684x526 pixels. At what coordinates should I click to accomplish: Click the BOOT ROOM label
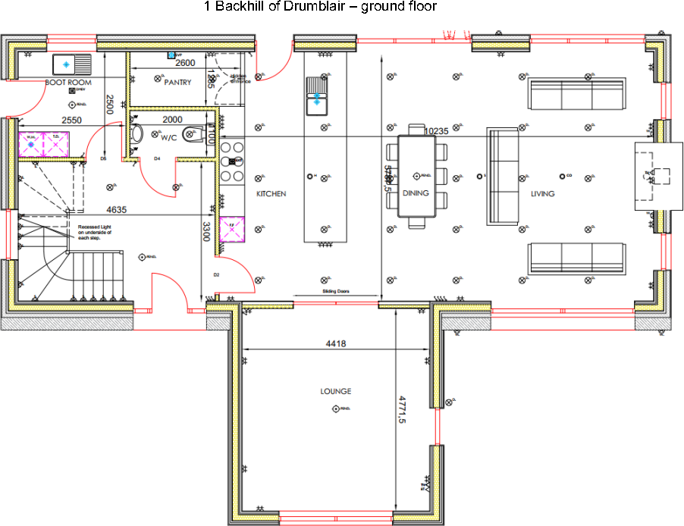tap(68, 82)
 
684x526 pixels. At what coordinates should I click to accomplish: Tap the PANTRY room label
tap(177, 83)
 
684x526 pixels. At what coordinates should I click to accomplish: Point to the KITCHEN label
tap(271, 194)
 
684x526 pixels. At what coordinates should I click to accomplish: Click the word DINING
tap(416, 193)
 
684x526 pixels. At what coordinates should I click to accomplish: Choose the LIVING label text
tap(542, 194)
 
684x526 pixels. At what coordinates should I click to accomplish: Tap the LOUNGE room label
tap(335, 392)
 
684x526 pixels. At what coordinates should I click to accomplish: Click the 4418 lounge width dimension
tap(336, 344)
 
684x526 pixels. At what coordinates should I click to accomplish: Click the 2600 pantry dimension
tap(186, 63)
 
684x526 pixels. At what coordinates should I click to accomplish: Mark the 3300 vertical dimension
tap(206, 230)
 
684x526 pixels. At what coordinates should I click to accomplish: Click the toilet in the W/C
tap(193, 135)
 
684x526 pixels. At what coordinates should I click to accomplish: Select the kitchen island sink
tap(317, 99)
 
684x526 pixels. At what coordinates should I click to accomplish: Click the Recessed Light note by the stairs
tap(95, 232)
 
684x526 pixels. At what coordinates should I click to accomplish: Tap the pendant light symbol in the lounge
tap(336, 409)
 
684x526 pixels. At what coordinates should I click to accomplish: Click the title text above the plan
tap(320, 7)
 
